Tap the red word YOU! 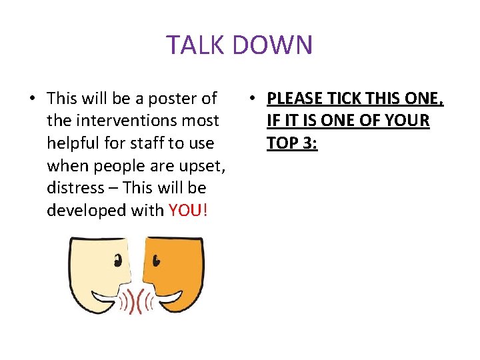coord(189,210)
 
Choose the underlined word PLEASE coord(296,99)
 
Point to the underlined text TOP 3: coord(292,143)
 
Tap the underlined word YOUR coord(407,121)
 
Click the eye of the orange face coord(155,259)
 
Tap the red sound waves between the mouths coord(137,302)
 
